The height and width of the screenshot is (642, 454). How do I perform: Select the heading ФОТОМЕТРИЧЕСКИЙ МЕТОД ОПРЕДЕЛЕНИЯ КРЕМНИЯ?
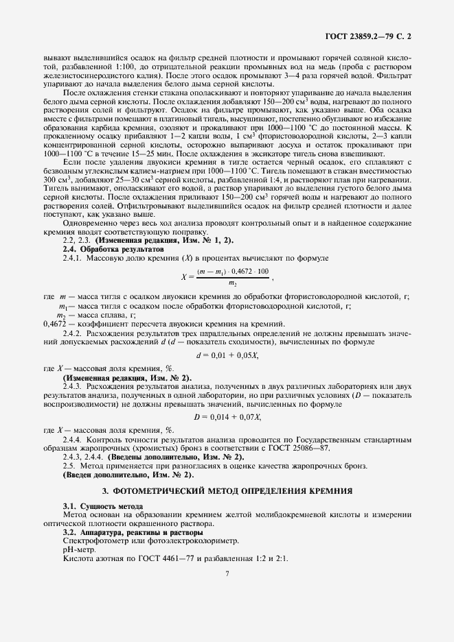point(227,490)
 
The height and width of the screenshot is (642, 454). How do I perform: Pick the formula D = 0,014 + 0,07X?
point(226,417)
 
